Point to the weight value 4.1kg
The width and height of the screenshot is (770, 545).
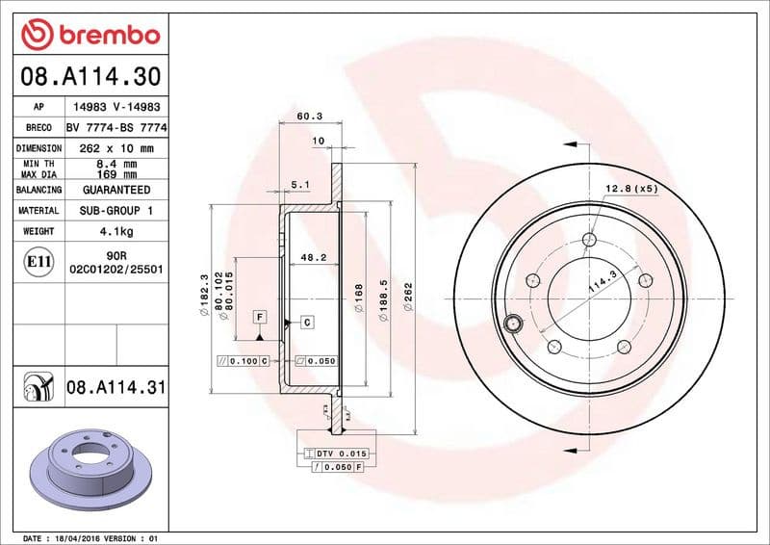tap(115, 231)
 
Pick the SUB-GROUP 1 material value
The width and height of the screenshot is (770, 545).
tap(115, 210)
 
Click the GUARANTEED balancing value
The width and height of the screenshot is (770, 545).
tap(115, 190)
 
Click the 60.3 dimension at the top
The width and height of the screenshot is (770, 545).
tap(309, 116)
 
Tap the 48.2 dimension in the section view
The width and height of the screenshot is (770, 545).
tap(310, 258)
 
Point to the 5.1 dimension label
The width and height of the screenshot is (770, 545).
tap(299, 183)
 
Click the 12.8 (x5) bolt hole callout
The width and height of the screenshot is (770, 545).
tap(631, 189)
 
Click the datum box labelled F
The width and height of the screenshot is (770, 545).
tap(260, 317)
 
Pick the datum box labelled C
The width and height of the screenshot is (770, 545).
tap(306, 322)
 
